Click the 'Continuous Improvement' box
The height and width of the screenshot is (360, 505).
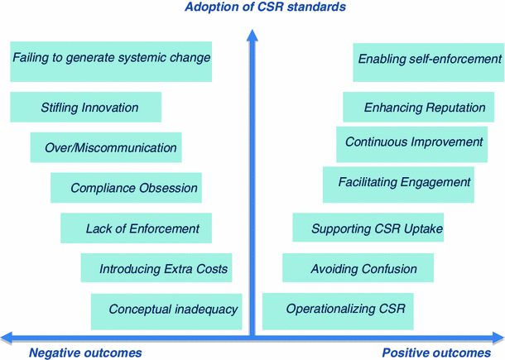[x=414, y=143]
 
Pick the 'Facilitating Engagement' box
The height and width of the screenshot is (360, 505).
[x=404, y=183]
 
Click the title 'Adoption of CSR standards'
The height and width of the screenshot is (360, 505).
[x=252, y=7]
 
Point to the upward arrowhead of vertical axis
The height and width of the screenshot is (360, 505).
[x=252, y=35]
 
